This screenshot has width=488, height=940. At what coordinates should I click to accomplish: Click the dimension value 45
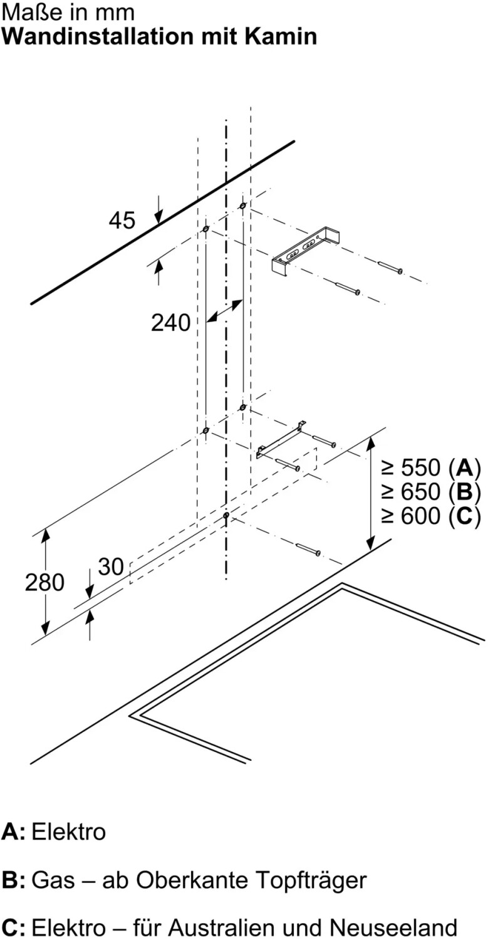click(122, 221)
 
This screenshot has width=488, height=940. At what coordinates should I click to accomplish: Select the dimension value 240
click(170, 323)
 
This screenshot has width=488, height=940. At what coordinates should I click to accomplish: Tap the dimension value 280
click(44, 582)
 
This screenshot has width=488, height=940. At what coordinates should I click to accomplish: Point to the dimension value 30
click(111, 567)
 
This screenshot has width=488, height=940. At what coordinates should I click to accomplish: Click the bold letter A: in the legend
click(13, 832)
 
